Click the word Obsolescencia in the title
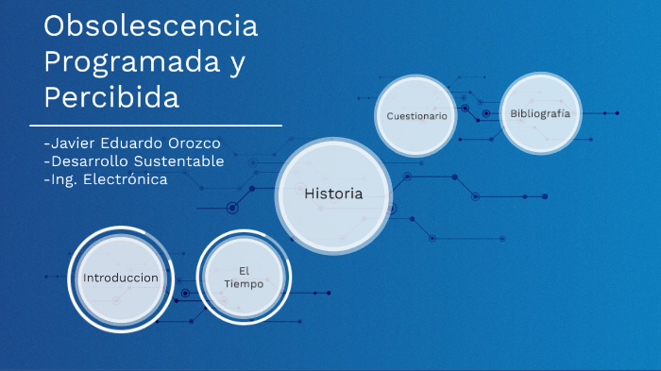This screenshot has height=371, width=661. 150,27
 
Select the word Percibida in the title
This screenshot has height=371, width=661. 110,96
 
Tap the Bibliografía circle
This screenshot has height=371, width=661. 539,113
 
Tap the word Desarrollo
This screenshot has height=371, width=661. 89,161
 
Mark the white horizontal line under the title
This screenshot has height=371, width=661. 156,125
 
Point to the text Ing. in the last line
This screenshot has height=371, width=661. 59,179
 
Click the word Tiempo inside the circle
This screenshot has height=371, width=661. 244,284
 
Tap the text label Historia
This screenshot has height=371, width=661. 333,194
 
